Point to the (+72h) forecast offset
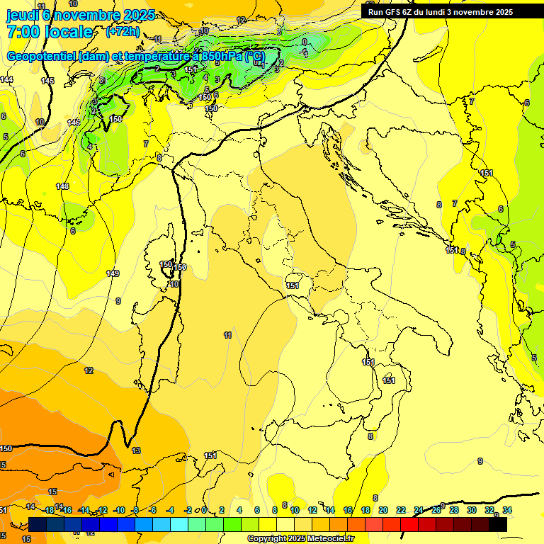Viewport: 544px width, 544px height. pyautogui.click(x=123, y=32)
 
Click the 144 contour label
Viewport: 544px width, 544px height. pyautogui.click(x=6, y=79)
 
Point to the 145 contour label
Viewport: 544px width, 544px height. pyautogui.click(x=47, y=81)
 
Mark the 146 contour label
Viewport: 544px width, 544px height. pyautogui.click(x=74, y=123)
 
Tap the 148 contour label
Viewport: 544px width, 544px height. pyautogui.click(x=62, y=186)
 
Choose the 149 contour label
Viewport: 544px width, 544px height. pyautogui.click(x=112, y=273)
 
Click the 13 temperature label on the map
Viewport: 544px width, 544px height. pyautogui.click(x=136, y=450)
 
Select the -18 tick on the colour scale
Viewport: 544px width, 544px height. pyautogui.click(x=49, y=510)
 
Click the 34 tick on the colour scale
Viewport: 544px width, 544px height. pyautogui.click(x=507, y=510)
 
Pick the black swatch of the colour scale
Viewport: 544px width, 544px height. pyautogui.click(x=498, y=524)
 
